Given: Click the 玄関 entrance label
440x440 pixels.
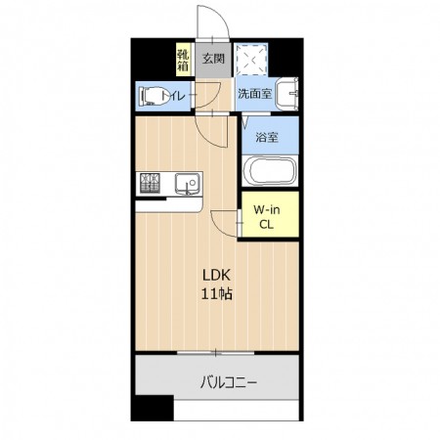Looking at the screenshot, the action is (x=213, y=59).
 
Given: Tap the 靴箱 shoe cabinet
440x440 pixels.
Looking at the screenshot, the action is (x=183, y=60).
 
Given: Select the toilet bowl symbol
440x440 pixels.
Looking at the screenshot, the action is (x=151, y=96).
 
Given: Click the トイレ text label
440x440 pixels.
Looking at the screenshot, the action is (x=174, y=96).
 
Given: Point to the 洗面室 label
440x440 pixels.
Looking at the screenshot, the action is (x=254, y=94).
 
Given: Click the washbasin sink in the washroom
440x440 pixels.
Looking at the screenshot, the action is (x=286, y=94).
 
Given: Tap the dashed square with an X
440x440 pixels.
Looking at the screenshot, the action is (x=251, y=60).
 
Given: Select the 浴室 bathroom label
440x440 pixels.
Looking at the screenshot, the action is (x=267, y=137).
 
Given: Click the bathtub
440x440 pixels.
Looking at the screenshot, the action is (x=270, y=171).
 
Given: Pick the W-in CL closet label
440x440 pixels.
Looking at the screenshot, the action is (x=267, y=217).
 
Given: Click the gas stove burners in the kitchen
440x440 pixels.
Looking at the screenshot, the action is (x=150, y=183).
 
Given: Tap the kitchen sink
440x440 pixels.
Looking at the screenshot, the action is (x=187, y=184).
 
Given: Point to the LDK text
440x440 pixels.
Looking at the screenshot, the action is (x=216, y=276).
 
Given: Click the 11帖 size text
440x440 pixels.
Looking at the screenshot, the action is (x=216, y=294).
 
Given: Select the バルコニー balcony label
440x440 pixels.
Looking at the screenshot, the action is (x=229, y=381).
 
